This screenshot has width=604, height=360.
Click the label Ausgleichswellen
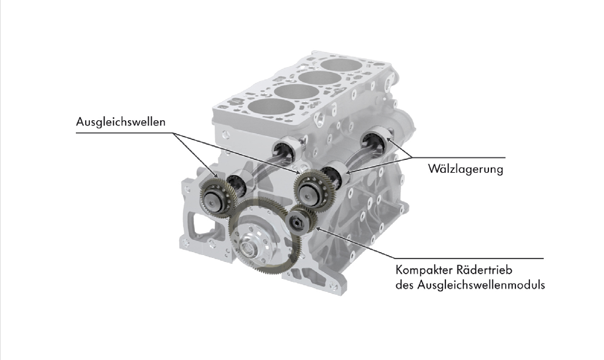coord(121,122)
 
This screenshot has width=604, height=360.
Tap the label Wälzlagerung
coord(466,169)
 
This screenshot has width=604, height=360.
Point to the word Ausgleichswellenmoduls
coord(481,285)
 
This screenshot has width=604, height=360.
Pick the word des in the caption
coord(404,285)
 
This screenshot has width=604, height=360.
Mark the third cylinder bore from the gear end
coord(319,79)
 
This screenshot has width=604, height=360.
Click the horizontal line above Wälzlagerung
coord(458,158)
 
